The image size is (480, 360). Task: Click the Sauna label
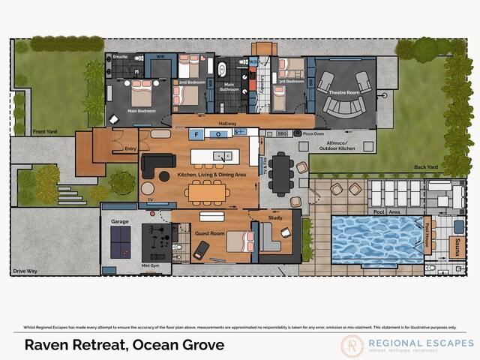coord(457,247)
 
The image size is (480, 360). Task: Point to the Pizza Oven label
coord(313,133)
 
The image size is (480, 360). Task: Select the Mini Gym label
coord(151,265)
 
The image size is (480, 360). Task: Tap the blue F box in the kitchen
coord(196,134)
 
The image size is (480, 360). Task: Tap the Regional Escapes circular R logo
coord(352,345)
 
